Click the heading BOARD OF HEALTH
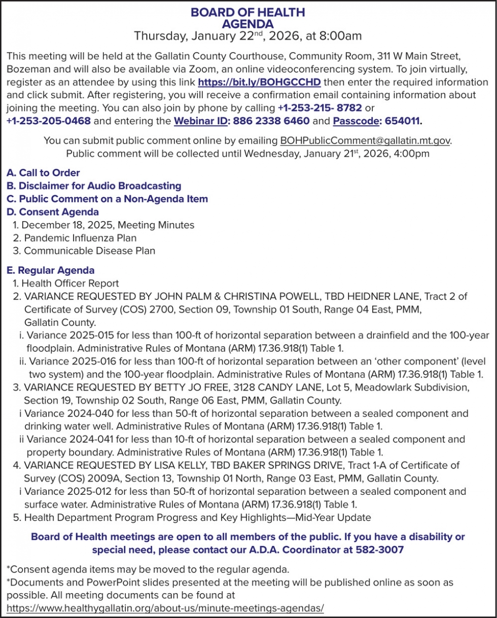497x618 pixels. point(248,13)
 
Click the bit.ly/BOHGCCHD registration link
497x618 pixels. point(259,82)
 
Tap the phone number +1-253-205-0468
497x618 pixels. point(48,121)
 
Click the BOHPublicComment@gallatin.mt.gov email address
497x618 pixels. point(365,140)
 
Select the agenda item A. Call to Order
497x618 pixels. point(44,173)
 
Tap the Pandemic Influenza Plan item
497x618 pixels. point(80,238)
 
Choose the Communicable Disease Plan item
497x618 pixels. point(89,250)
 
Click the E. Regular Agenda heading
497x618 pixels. point(51,271)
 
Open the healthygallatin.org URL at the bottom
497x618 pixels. point(165,608)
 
